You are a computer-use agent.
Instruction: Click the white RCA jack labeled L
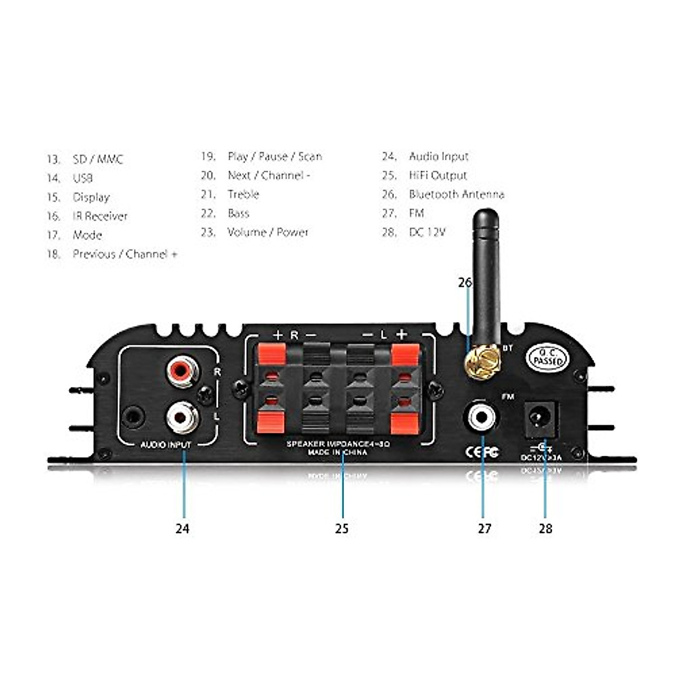(x=181, y=417)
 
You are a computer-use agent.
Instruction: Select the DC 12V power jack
(x=541, y=419)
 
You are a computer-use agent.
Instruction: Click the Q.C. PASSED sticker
(x=548, y=357)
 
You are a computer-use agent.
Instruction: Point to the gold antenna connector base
(x=482, y=359)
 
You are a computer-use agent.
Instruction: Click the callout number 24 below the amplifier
(x=182, y=528)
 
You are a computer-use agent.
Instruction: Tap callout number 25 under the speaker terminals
(x=342, y=528)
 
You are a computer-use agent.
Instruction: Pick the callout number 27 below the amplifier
(x=484, y=528)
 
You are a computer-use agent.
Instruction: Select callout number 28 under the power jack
(x=545, y=528)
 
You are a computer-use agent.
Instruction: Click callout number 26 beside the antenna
(x=465, y=283)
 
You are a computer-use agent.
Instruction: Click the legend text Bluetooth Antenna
(x=456, y=194)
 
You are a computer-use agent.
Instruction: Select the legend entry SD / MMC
(x=97, y=159)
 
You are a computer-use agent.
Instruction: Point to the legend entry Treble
(x=243, y=194)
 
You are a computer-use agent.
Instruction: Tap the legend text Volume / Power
(x=268, y=232)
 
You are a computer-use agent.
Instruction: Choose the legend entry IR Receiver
(x=100, y=216)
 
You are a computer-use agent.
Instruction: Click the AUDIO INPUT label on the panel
(x=166, y=445)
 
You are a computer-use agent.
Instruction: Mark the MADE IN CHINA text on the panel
(x=337, y=452)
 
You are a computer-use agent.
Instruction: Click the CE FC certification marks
(x=481, y=452)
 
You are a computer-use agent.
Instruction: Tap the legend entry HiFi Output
(x=438, y=175)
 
